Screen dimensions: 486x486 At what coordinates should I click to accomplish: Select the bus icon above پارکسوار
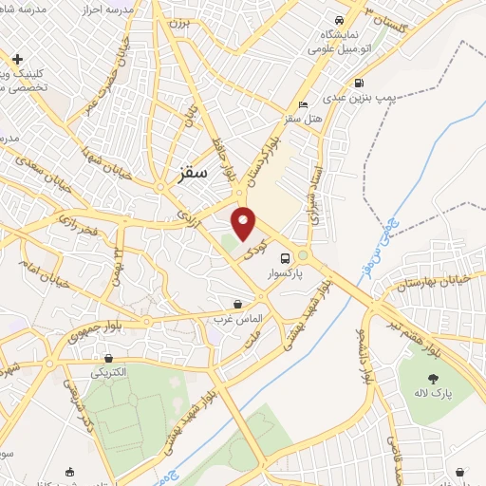284,257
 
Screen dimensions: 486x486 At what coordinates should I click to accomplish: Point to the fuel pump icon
359,83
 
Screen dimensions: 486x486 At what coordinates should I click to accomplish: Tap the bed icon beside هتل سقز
303,105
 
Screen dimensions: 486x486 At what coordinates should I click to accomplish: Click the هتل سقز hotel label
303,120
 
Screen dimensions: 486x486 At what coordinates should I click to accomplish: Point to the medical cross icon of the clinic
17,59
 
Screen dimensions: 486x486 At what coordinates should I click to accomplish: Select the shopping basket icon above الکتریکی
112,359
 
